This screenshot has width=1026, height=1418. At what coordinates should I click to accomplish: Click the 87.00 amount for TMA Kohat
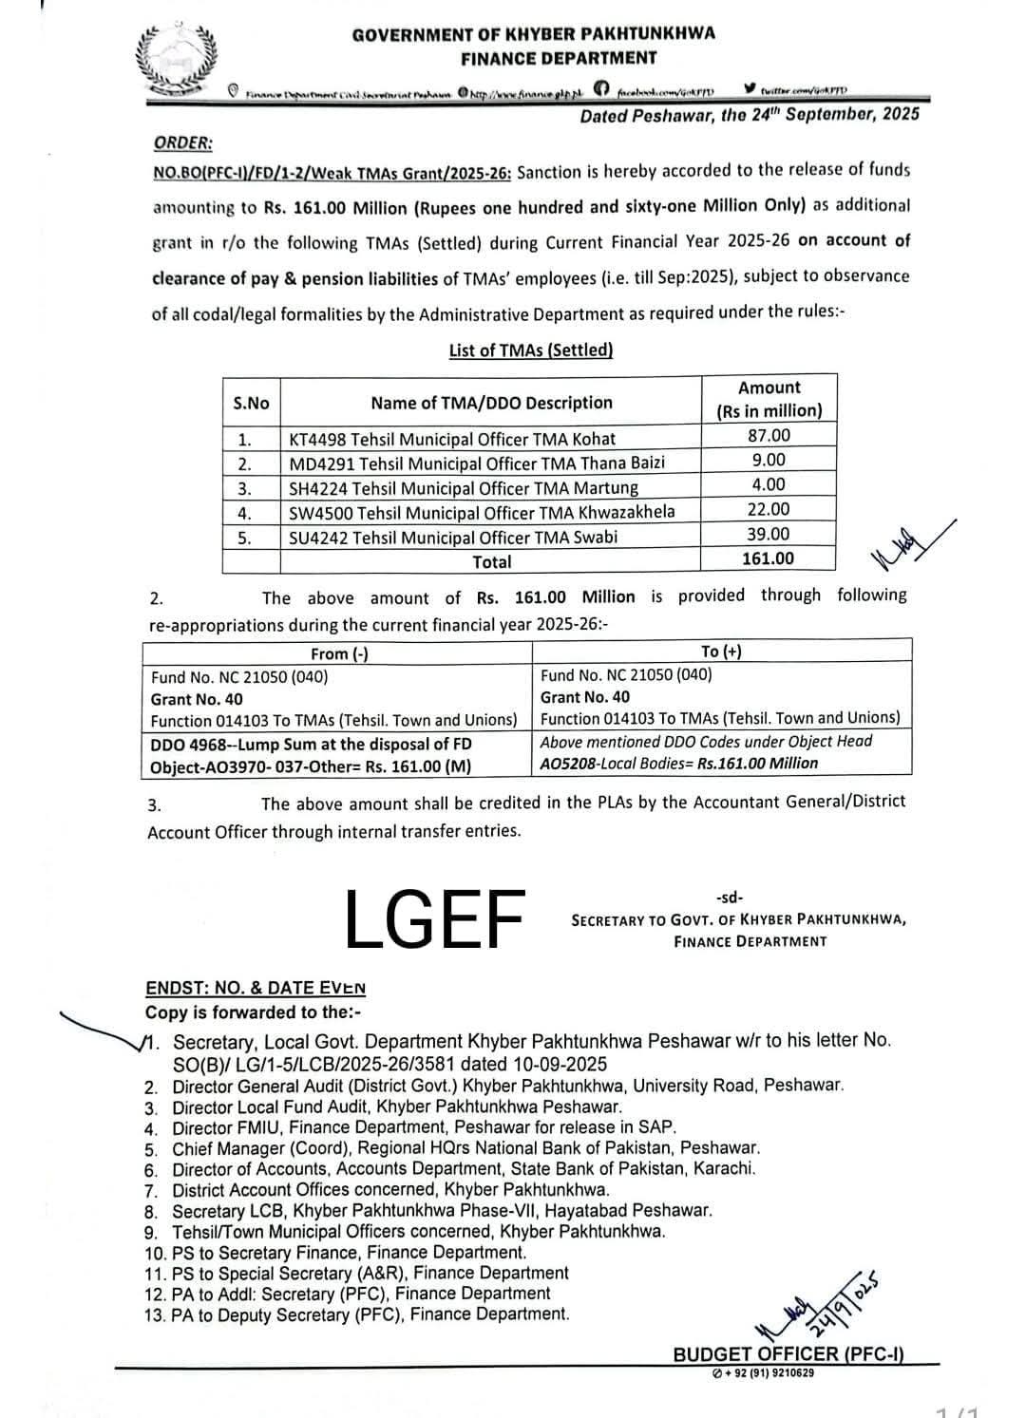pyautogui.click(x=769, y=435)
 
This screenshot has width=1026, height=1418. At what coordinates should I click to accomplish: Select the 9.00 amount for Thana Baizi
pyautogui.click(x=769, y=460)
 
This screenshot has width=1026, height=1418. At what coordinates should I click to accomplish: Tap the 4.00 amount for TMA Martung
pyautogui.click(x=769, y=484)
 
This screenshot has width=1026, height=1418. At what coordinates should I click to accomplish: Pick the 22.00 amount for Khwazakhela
pyautogui.click(x=769, y=509)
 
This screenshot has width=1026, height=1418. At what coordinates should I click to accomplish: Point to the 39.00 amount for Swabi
pyautogui.click(x=769, y=534)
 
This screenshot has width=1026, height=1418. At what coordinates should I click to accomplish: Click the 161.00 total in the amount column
pyautogui.click(x=768, y=558)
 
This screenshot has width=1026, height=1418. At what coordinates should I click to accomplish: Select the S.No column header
pyautogui.click(x=251, y=404)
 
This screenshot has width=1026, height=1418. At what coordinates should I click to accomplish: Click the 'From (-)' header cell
pyautogui.click(x=339, y=653)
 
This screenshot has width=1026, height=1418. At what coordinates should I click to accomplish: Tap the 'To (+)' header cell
pyautogui.click(x=721, y=652)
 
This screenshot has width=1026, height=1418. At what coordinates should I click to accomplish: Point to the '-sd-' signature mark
pyautogui.click(x=731, y=898)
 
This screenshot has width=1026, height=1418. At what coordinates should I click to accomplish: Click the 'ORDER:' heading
pyautogui.click(x=183, y=142)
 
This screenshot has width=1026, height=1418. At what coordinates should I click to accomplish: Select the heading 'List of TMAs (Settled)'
pyautogui.click(x=531, y=350)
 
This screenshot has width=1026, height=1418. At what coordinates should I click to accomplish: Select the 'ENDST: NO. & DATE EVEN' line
pyautogui.click(x=256, y=988)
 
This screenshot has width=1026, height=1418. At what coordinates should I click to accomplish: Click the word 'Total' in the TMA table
pyautogui.click(x=492, y=562)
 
